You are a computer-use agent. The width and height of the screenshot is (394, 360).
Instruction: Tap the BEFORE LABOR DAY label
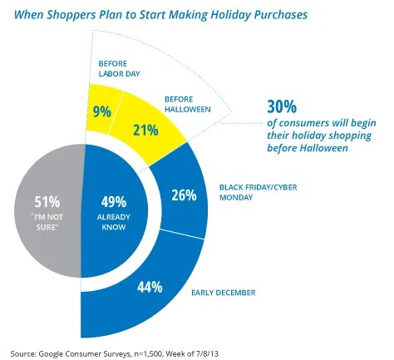119,67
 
